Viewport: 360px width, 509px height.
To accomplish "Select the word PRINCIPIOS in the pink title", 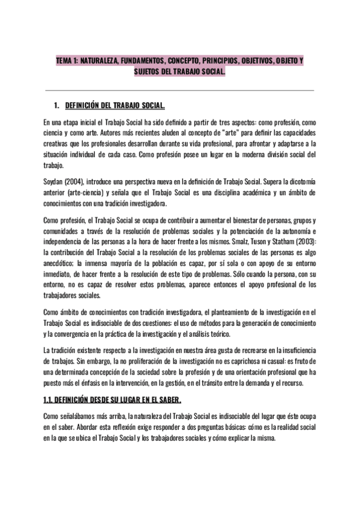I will (207, 61).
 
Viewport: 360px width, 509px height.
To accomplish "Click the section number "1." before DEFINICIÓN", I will (56, 106).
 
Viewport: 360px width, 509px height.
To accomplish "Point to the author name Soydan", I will (53, 182).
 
